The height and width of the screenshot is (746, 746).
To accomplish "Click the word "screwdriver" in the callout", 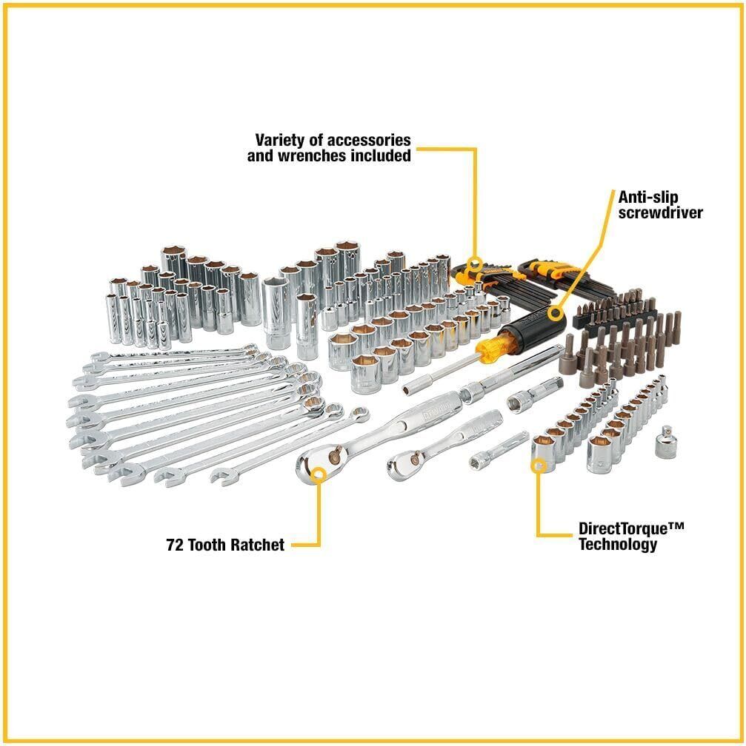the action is tap(660, 212).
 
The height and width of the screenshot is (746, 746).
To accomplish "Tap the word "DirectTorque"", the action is tap(622, 529).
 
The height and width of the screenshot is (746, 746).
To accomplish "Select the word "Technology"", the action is tap(618, 544).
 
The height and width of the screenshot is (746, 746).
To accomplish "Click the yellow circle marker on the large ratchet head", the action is tap(319, 474).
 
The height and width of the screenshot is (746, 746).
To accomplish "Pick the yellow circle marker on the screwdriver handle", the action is tap(554, 314).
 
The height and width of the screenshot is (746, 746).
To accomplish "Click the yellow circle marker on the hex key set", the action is tap(474, 263).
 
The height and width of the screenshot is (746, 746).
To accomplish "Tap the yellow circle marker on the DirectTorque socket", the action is tap(539, 466).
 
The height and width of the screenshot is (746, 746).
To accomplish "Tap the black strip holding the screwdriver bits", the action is tap(615, 316).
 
